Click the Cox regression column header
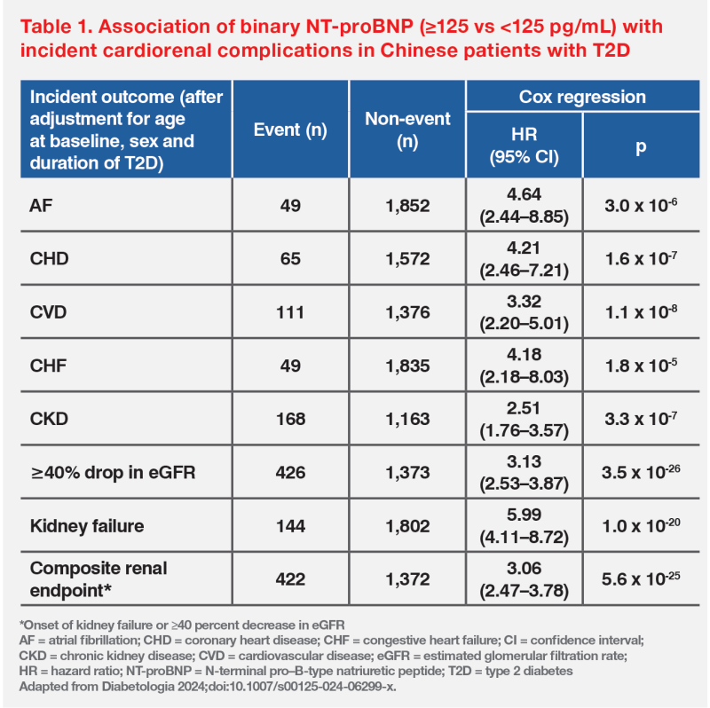(582, 97)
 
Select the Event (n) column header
(290, 130)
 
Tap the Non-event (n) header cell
(408, 130)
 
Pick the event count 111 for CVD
(290, 313)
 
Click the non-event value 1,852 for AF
(408, 205)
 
